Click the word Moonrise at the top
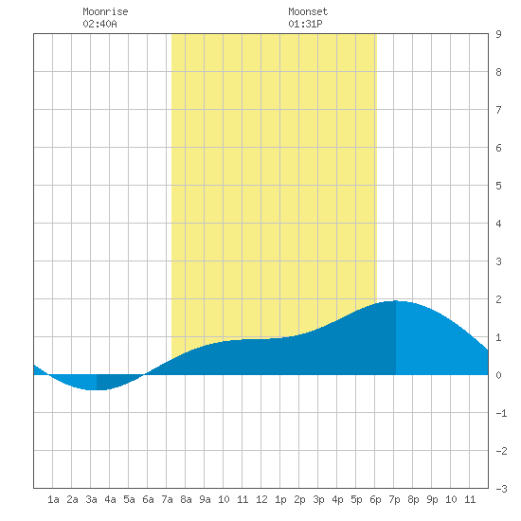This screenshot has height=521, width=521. [x=105, y=11]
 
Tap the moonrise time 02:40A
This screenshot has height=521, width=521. [x=99, y=24]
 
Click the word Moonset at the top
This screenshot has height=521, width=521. [x=308, y=11]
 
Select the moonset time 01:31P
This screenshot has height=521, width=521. [x=305, y=24]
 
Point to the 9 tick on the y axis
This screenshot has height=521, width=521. [x=498, y=34]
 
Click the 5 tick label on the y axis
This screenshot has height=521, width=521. [x=498, y=186]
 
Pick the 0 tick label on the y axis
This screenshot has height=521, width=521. [x=498, y=375]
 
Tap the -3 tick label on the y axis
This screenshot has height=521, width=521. [x=501, y=489]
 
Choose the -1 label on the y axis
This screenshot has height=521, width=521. [x=501, y=413]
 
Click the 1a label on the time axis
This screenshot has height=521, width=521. [x=53, y=499]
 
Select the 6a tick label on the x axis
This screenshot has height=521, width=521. [x=148, y=499]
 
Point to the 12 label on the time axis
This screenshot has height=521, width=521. [x=261, y=499]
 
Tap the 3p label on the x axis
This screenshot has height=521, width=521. [x=318, y=499]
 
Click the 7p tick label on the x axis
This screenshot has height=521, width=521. [x=394, y=499]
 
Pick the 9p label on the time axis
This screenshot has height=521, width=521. [x=432, y=499]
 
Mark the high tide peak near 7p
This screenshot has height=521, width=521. [x=395, y=301]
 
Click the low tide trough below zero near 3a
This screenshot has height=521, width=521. [x=97, y=389]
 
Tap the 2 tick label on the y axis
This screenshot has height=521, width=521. [x=498, y=299]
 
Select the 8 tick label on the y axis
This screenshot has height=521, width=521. [x=498, y=72]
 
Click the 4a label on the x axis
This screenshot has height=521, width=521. [x=110, y=499]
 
